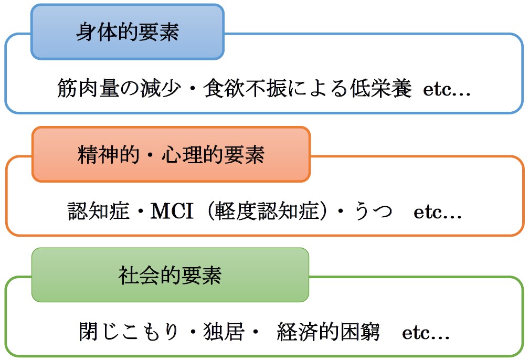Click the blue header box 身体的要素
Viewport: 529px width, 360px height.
pyautogui.click(x=128, y=32)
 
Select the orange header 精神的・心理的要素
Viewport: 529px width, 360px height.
pyautogui.click(x=171, y=154)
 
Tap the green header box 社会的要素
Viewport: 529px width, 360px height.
pyautogui.click(x=171, y=275)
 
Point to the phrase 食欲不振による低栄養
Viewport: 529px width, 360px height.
pyautogui.click(x=308, y=88)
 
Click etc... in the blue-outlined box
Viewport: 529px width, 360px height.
pyautogui.click(x=447, y=90)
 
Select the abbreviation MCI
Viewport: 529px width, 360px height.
pyautogui.click(x=172, y=211)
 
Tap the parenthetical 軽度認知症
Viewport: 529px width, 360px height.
pyautogui.click(x=267, y=211)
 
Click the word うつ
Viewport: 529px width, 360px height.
pyautogui.click(x=373, y=211)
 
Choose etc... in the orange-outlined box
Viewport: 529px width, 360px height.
pyautogui.click(x=438, y=213)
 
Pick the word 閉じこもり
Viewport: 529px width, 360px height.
pyautogui.click(x=129, y=331)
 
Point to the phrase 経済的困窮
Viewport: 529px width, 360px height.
pyautogui.click(x=329, y=331)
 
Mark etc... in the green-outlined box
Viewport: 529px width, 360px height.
pyautogui.click(x=426, y=333)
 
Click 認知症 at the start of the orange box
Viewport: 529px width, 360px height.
pyautogui.click(x=99, y=211)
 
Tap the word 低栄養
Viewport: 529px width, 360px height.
pyautogui.click(x=381, y=88)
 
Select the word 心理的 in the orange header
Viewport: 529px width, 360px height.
pyautogui.click(x=192, y=154)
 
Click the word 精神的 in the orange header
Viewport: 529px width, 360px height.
pyautogui.click(x=108, y=154)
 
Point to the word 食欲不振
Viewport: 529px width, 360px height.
pyautogui.click(x=245, y=88)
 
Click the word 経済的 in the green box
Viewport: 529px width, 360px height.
pyautogui.click(x=308, y=331)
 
